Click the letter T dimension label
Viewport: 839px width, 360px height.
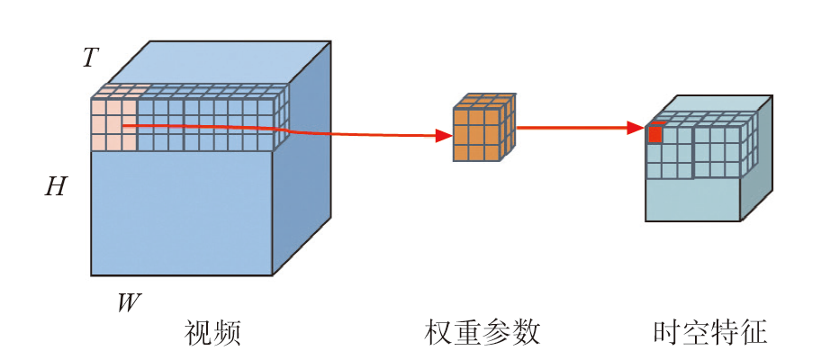(x=89, y=58)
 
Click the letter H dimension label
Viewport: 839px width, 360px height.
(x=56, y=187)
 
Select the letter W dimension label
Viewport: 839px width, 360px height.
(x=129, y=301)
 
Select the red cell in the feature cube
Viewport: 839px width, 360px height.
(x=655, y=134)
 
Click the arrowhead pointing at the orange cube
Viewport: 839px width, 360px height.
(x=443, y=136)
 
